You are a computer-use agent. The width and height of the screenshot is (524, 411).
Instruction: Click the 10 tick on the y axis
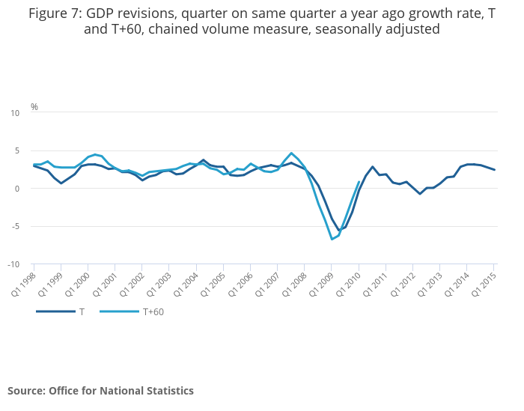15,113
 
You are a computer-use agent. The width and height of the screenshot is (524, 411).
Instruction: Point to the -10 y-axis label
13,265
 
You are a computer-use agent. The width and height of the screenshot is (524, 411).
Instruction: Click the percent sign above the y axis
34,107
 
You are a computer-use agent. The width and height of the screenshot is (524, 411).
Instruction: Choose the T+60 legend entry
153,311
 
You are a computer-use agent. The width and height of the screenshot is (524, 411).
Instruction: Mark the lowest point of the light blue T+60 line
332,239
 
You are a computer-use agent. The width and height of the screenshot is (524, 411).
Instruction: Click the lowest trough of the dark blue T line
339,231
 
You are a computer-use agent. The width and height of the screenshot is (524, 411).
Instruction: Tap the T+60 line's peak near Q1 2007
291,153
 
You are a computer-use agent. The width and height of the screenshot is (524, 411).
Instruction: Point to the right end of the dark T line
494,170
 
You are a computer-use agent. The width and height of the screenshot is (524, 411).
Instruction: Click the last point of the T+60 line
359,181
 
